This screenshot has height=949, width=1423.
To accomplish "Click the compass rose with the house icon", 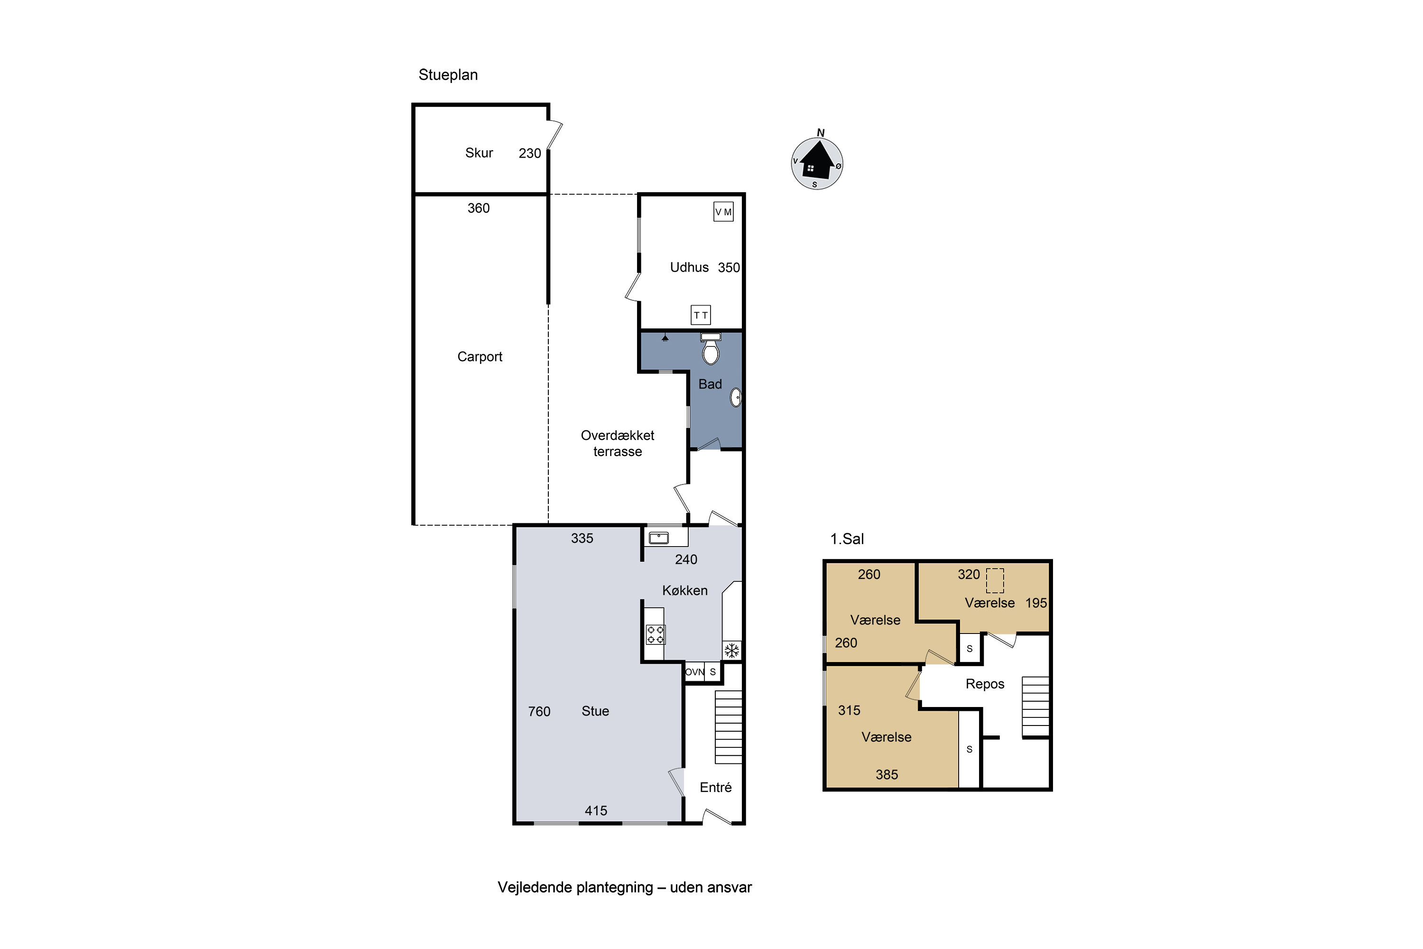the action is [817, 163].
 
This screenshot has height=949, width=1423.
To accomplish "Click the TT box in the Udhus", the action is [701, 315].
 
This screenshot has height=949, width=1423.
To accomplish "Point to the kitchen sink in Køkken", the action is [658, 538].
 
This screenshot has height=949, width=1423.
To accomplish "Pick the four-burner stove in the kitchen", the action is [655, 634].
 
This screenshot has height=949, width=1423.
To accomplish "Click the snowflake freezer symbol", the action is [732, 651].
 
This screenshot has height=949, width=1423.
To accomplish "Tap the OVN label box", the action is [694, 672].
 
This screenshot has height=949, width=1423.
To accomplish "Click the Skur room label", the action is [479, 152].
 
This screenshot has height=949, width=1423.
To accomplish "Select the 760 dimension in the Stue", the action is [539, 711].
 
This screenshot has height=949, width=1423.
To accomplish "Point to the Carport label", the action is [480, 356].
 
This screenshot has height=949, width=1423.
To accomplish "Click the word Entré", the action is [716, 787].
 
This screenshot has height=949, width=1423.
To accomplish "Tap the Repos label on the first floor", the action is [985, 684].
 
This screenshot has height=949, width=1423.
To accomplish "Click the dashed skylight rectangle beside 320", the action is [995, 580].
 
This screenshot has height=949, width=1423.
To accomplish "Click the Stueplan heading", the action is [448, 75].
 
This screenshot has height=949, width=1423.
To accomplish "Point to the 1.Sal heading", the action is [847, 539].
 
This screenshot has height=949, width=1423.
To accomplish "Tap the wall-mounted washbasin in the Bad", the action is [736, 397].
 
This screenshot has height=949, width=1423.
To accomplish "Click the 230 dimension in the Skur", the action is [530, 153].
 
